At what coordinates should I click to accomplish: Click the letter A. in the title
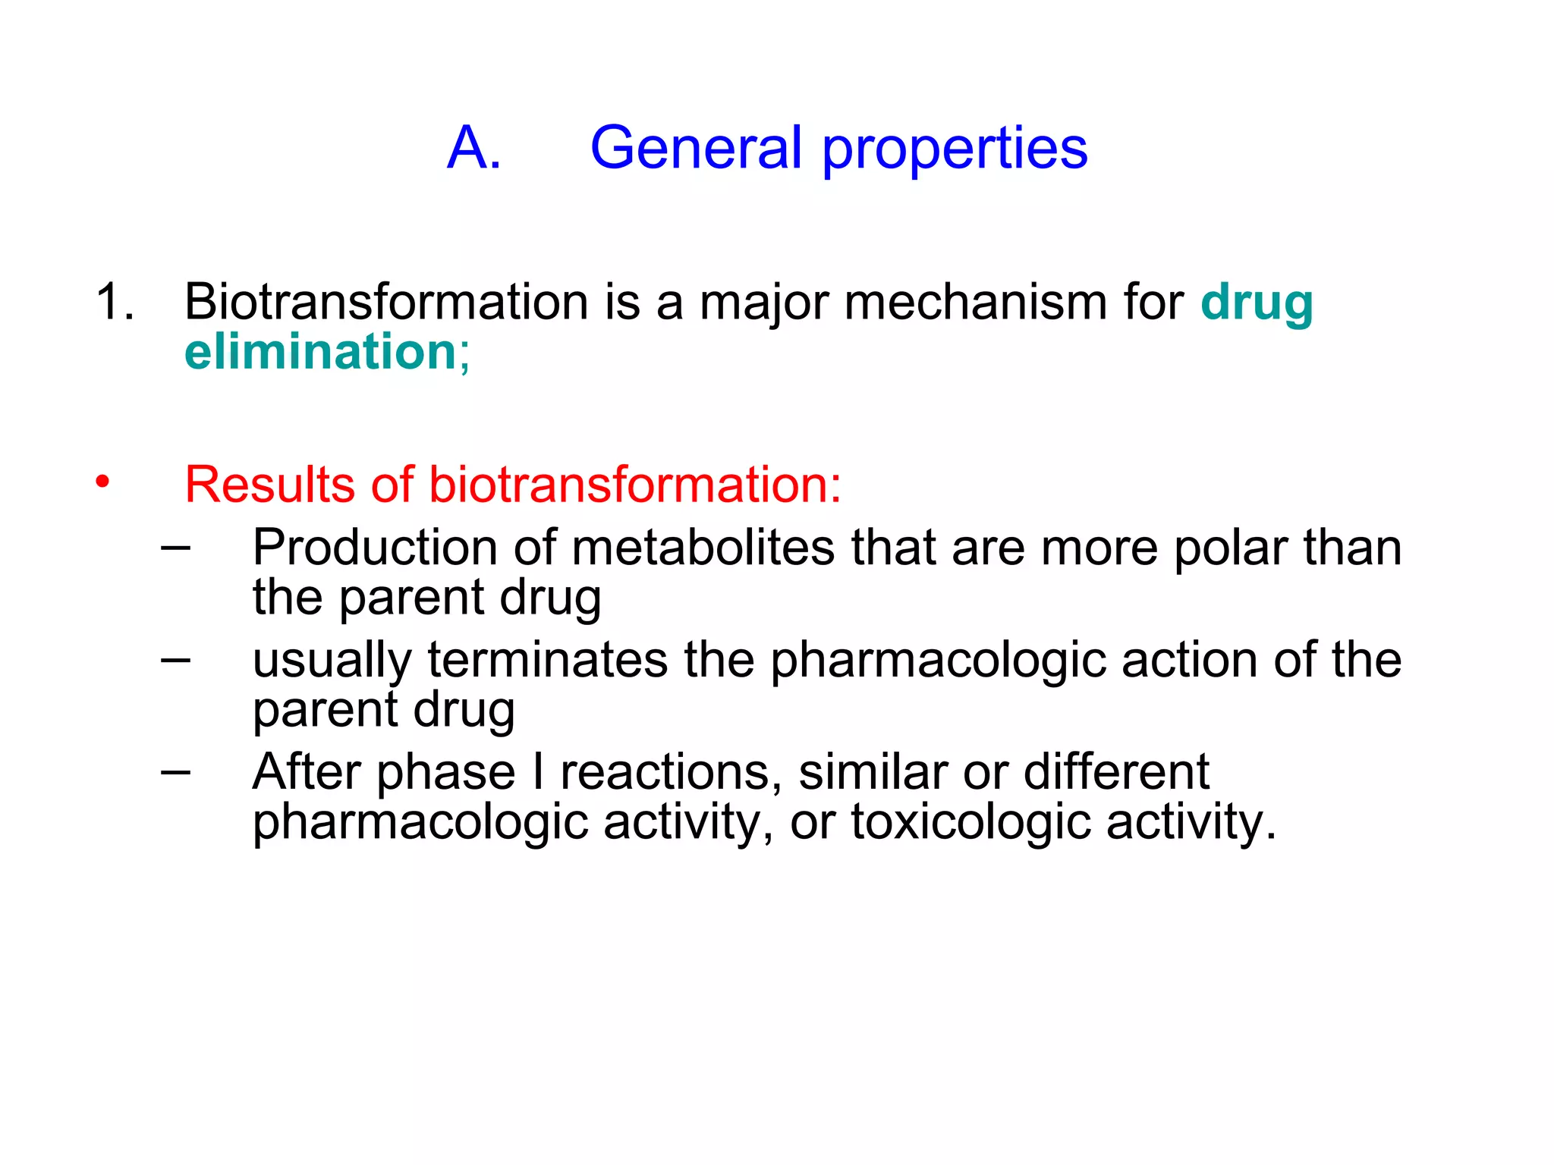tap(474, 148)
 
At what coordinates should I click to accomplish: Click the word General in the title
tap(695, 148)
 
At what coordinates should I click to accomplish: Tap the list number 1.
tap(115, 302)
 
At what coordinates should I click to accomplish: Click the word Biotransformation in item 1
tap(386, 302)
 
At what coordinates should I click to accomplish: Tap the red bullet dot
tap(102, 482)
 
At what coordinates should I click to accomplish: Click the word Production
tap(375, 547)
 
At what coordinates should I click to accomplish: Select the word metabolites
tap(703, 547)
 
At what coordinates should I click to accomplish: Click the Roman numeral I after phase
tap(538, 771)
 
